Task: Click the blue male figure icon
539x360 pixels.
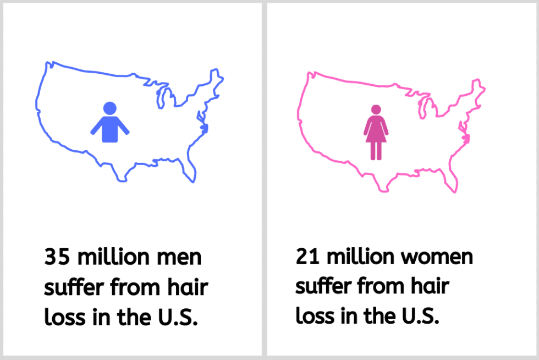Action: click(109, 124)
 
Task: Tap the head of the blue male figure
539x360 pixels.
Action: click(109, 108)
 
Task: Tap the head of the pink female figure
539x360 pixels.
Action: click(376, 109)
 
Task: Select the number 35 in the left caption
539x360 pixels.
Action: click(57, 257)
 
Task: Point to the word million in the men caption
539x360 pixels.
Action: click(113, 257)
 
